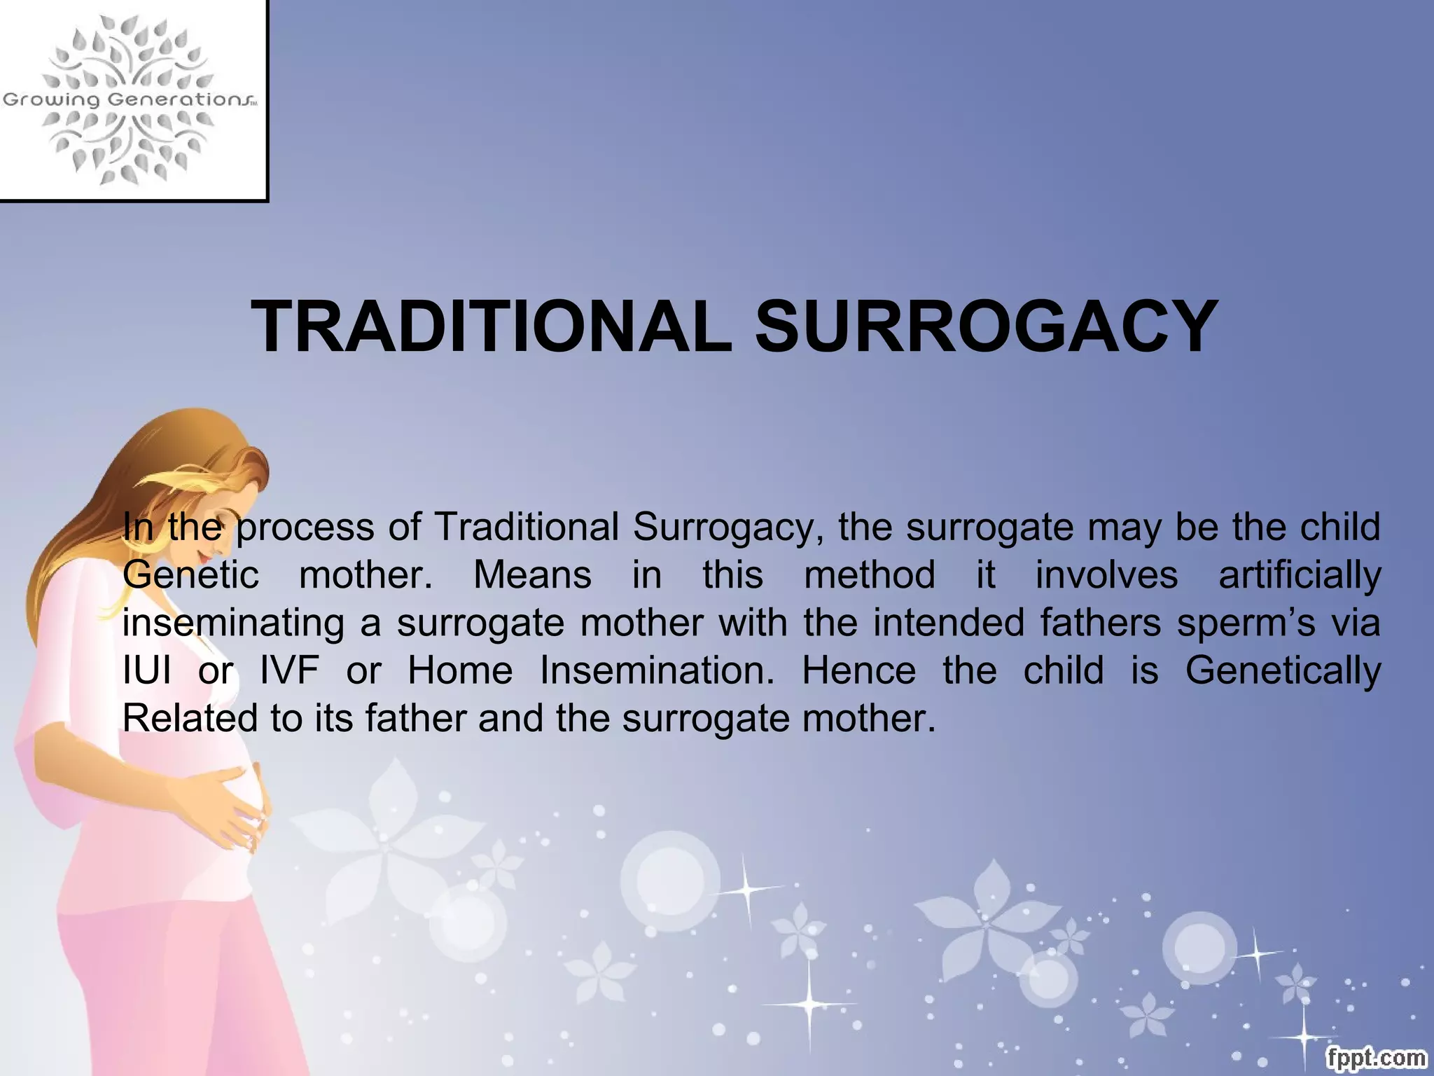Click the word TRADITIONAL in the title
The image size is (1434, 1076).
pyautogui.click(x=491, y=327)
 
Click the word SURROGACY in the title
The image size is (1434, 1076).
pyautogui.click(x=987, y=327)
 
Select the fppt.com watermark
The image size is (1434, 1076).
pyautogui.click(x=1376, y=1057)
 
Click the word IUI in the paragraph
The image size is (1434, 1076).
pyautogui.click(x=146, y=670)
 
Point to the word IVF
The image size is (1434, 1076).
pyautogui.click(x=289, y=670)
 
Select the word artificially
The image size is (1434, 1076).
pyautogui.click(x=1300, y=575)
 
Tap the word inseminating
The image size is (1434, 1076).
pyautogui.click(x=233, y=623)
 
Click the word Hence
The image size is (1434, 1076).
pyautogui.click(x=858, y=670)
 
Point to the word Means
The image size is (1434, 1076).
pyautogui.click(x=532, y=575)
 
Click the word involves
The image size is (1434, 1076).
pyautogui.click(x=1106, y=575)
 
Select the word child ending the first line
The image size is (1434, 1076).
pyautogui.click(x=1340, y=527)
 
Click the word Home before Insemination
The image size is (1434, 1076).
pyautogui.click(x=460, y=670)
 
